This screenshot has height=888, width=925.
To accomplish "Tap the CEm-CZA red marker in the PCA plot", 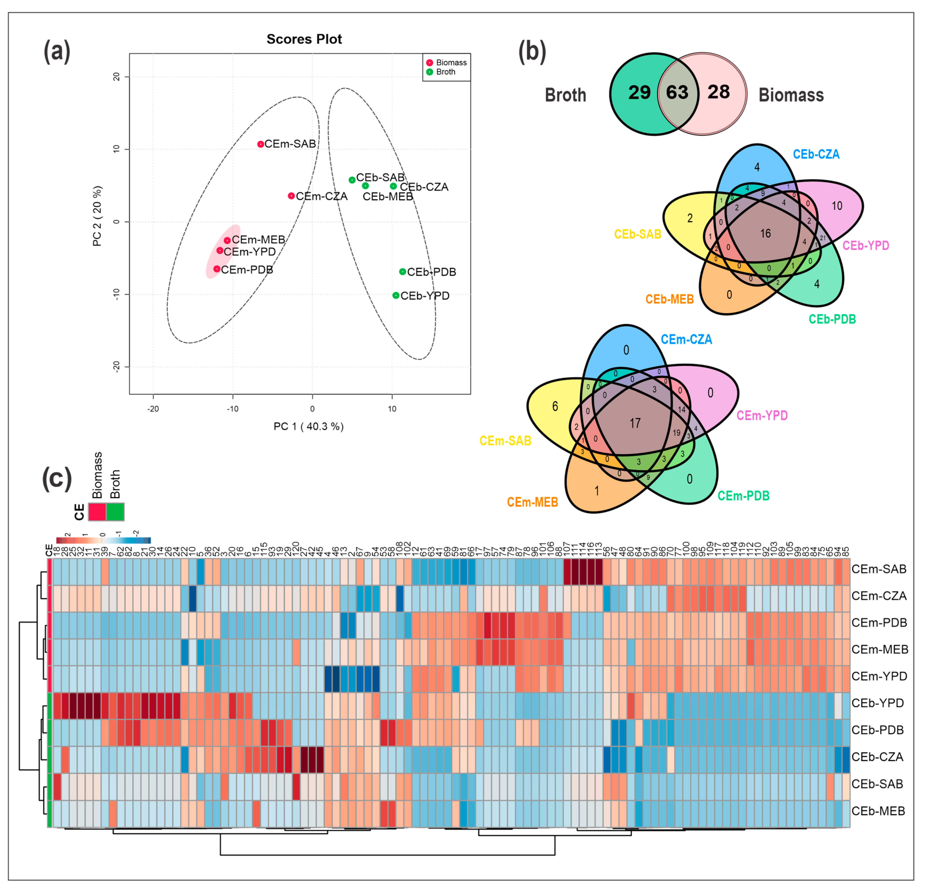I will tap(291, 196).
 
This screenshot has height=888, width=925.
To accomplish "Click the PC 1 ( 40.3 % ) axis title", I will tap(309, 426).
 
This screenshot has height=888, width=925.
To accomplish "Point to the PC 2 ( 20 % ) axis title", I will tap(97, 216).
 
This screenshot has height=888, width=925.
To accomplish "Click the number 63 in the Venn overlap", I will tap(677, 93).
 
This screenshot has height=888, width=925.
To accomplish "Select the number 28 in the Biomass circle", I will tap(718, 92).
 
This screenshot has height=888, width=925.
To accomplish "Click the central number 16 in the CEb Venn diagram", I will tap(765, 234).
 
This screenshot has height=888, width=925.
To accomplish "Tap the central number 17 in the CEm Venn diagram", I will tap(635, 423).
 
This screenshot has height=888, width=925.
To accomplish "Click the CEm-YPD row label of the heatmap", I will tap(879, 676).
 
